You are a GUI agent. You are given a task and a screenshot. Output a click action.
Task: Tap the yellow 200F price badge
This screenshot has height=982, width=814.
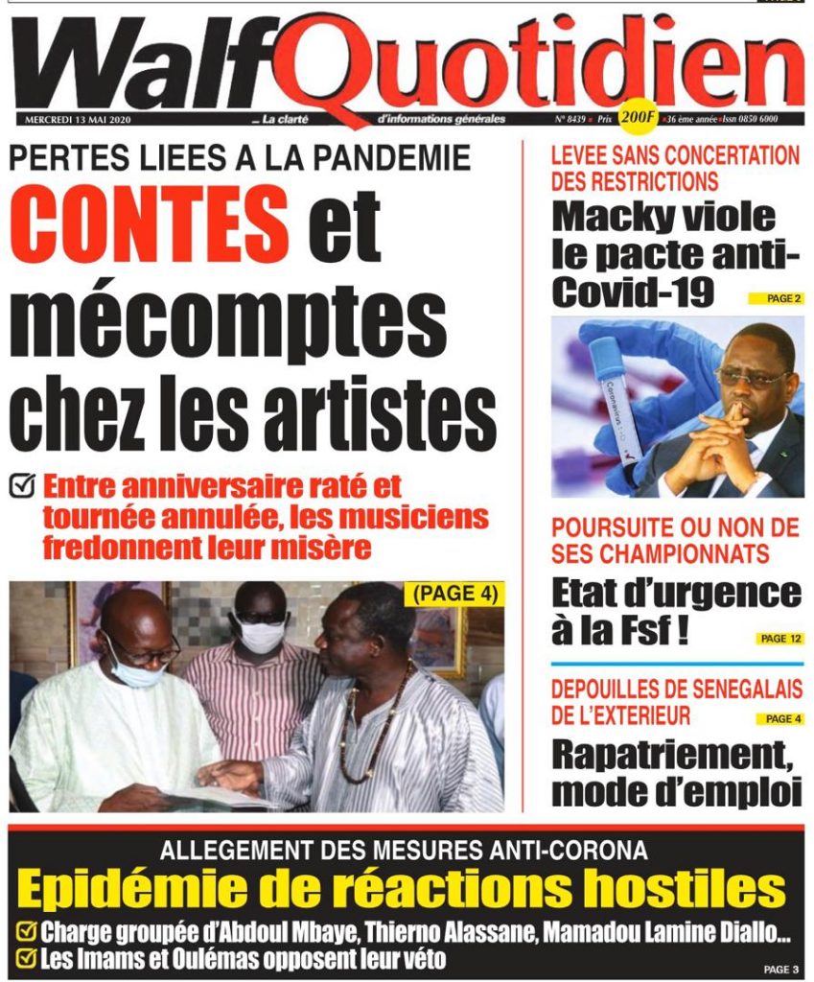pos(637,118)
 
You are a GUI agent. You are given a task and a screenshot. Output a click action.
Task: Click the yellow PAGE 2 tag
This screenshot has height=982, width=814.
pos(776,299)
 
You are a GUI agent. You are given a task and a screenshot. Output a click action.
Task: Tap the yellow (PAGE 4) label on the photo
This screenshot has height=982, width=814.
pos(455,595)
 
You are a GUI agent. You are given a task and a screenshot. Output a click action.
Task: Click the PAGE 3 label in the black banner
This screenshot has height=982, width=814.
pos(780,969)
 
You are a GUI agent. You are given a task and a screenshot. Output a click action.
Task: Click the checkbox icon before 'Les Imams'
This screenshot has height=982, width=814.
pos(28,957)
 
